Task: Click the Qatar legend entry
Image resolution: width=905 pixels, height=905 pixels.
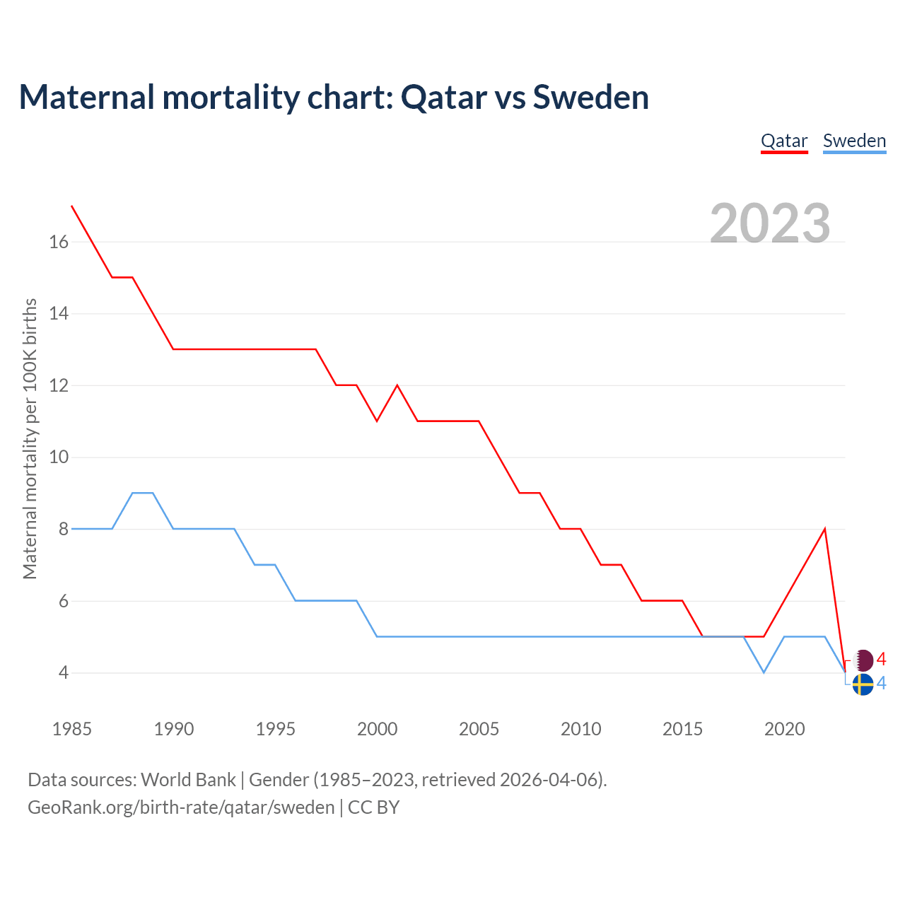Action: tap(784, 141)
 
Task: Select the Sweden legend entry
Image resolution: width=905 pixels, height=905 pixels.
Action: tap(854, 141)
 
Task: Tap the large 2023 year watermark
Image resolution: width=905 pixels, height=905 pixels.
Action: tap(770, 223)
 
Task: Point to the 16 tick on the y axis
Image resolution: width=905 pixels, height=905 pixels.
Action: tap(59, 243)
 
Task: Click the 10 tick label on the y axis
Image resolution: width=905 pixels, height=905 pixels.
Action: tap(59, 457)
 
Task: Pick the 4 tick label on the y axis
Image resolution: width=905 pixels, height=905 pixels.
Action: tap(64, 672)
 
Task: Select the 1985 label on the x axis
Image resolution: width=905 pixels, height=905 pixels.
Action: tap(72, 729)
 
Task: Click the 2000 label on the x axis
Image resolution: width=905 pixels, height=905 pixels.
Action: tap(377, 729)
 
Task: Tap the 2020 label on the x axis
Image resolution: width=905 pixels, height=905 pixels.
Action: tap(784, 729)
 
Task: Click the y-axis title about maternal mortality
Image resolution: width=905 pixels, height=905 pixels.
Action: tap(30, 439)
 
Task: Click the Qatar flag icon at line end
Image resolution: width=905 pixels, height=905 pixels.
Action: tap(863, 661)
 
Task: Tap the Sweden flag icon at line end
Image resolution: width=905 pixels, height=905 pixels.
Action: tap(863, 684)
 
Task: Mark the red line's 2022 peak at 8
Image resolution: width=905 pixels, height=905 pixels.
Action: tap(824, 529)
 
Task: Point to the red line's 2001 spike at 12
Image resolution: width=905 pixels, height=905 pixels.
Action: tap(397, 385)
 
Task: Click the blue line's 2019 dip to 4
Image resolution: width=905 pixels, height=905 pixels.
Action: tap(764, 672)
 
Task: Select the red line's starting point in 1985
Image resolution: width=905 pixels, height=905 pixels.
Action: tap(72, 206)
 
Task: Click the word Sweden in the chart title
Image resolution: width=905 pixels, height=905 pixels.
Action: tap(590, 97)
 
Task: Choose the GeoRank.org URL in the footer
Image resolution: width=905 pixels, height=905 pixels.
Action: tap(181, 807)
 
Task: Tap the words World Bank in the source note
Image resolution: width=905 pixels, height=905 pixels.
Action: tap(188, 780)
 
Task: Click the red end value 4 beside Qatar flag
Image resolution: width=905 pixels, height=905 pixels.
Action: tap(881, 660)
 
